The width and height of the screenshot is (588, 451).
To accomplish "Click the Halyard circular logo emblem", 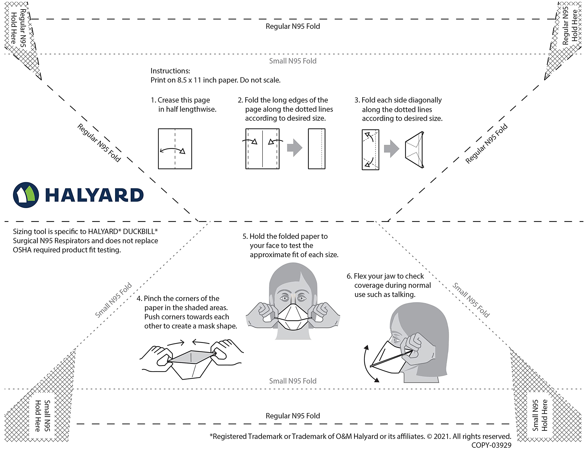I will (26, 195).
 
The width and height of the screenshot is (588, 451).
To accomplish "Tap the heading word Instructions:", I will (170, 71).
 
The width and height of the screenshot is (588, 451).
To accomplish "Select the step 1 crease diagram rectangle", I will (175, 149).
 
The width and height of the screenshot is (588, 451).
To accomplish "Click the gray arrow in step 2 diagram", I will (294, 148).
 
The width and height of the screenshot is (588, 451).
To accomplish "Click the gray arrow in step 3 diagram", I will (391, 148).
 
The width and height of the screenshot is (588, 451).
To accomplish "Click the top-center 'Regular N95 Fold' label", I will (293, 26).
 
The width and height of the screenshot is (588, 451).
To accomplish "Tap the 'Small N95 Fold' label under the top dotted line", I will (293, 61).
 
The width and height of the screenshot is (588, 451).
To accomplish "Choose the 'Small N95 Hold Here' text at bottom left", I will (43, 416).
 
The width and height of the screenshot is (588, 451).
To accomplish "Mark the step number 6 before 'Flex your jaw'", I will (349, 276).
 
